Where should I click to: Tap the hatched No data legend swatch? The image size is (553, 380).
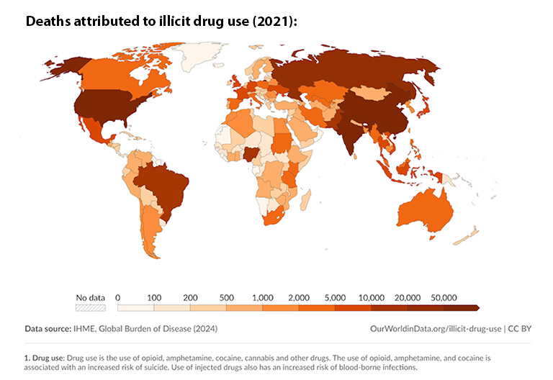click(x=91, y=308)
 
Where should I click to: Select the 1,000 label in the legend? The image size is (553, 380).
click(x=262, y=297)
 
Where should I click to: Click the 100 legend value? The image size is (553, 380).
click(x=153, y=297)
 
